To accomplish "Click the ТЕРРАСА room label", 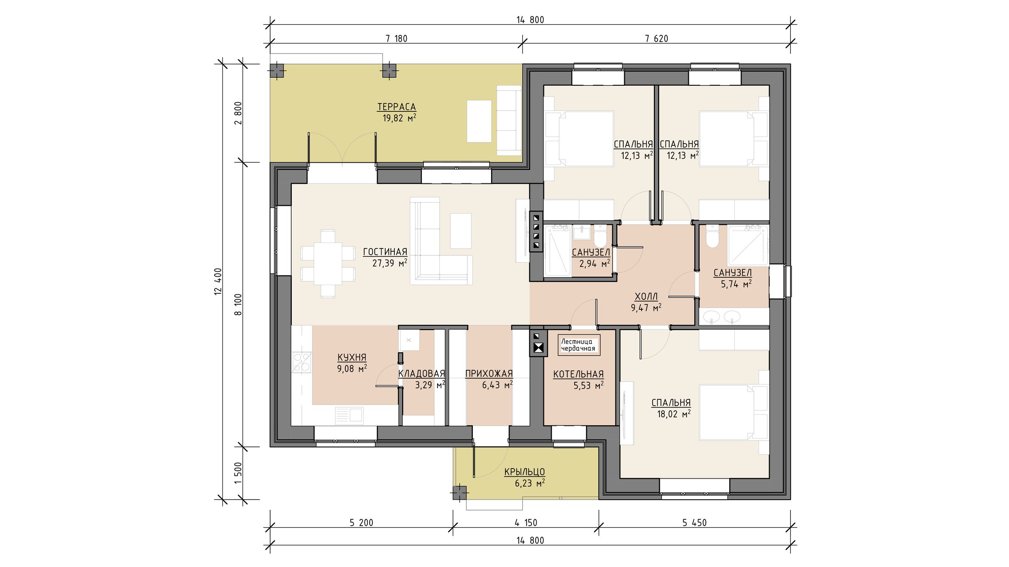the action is tap(396, 107).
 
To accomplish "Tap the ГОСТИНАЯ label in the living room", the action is tap(385, 252).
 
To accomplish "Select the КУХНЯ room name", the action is tap(352, 357).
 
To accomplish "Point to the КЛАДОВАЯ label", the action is tap(421, 374).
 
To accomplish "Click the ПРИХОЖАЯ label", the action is tap(489, 374).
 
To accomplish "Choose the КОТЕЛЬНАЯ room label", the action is tap(578, 374).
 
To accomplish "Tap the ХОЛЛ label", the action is tap(646, 296).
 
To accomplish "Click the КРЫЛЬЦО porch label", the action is tap(525, 472).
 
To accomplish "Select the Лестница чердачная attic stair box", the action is tap(579, 345).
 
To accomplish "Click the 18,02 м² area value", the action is tap(674, 414).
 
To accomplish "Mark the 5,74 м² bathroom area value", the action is tap(736, 284).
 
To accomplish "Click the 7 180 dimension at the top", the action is tap(396, 39).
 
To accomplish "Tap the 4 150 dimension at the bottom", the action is tap(526, 523).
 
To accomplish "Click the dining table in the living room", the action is tap(327, 264).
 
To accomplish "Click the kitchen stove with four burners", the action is tap(302, 361).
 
